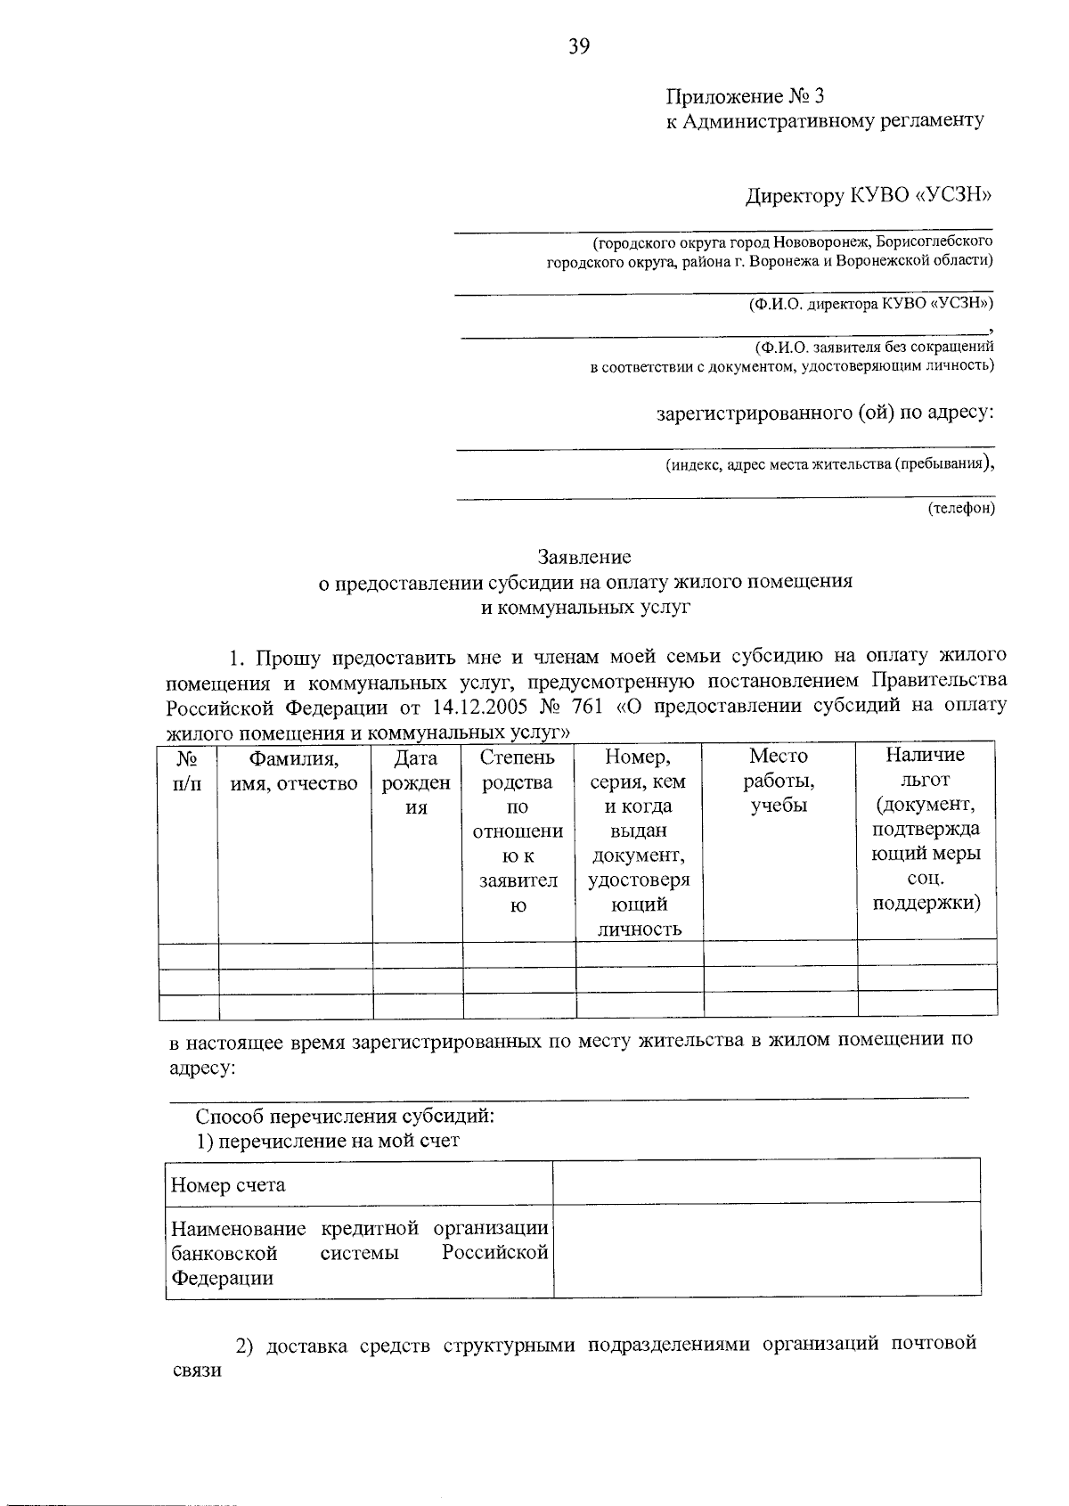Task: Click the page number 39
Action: coord(579,46)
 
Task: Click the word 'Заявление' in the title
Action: coord(583,557)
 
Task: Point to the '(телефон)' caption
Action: coord(960,508)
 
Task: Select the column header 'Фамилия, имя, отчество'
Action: coord(295,772)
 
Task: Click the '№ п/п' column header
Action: coord(187,772)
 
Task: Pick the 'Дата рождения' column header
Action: coord(416,782)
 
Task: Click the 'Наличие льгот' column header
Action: coord(926,829)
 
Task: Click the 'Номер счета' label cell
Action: coord(229,1184)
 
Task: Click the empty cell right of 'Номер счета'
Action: coord(766,1181)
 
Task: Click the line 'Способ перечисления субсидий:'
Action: coord(345,1116)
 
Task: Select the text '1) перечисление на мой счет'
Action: coord(328,1141)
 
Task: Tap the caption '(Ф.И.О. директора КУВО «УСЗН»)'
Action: coord(870,304)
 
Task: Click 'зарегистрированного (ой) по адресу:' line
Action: coord(825,413)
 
